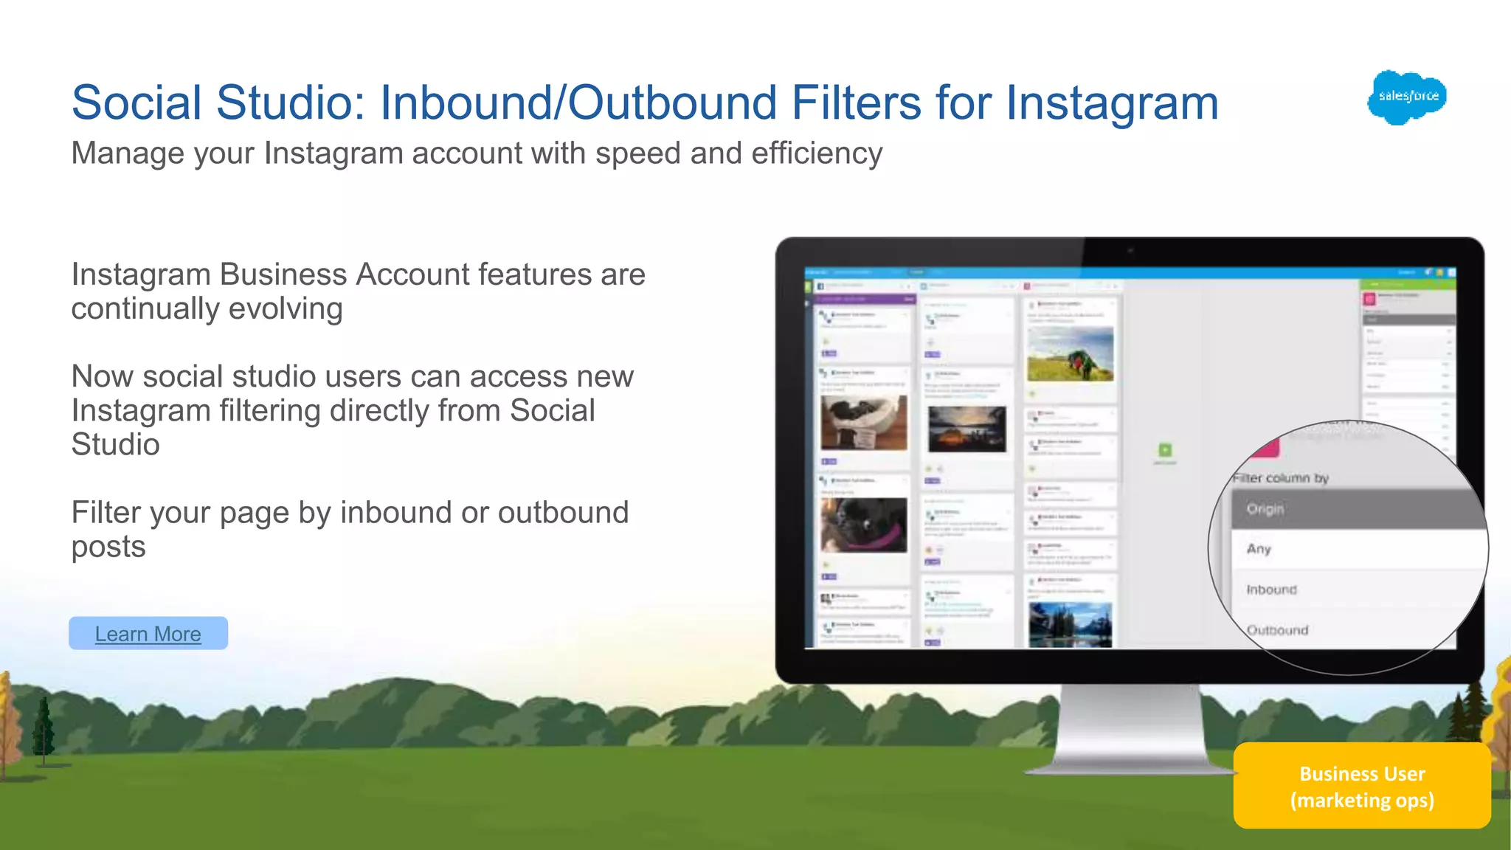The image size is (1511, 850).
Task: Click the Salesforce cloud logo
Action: tap(1407, 97)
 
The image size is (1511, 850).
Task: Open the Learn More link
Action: tap(148, 634)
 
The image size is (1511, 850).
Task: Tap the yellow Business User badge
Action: tap(1362, 787)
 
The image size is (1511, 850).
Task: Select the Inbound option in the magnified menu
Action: tap(1271, 590)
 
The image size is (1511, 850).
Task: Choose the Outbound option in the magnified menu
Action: tap(1277, 630)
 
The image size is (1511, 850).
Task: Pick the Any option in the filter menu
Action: tap(1259, 549)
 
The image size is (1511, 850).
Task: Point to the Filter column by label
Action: tap(1281, 478)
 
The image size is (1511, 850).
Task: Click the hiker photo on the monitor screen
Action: tap(1070, 355)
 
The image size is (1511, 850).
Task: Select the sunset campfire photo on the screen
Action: tap(967, 429)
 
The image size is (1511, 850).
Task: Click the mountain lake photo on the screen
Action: tap(1070, 624)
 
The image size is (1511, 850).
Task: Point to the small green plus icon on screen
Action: tap(1165, 450)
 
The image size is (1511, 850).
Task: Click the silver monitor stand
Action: tap(1129, 730)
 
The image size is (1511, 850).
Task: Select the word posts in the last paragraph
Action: tap(108, 547)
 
